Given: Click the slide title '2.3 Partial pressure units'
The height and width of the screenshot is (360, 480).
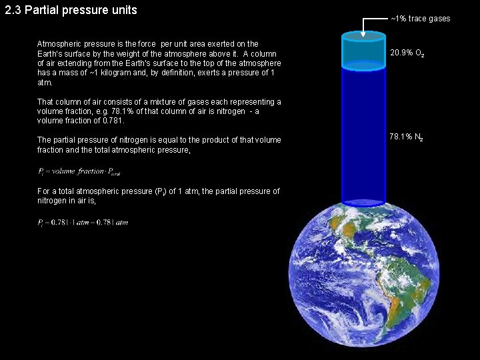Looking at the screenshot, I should (71, 11).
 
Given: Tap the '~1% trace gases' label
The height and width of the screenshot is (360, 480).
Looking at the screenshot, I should (420, 19).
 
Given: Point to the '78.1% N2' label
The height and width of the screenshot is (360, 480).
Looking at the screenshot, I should (406, 138).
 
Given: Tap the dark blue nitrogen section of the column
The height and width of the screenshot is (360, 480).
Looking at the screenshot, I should (363, 133).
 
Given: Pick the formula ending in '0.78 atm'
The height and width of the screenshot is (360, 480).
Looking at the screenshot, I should (83, 222).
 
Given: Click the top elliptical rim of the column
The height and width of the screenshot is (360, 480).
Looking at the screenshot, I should (363, 35).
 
